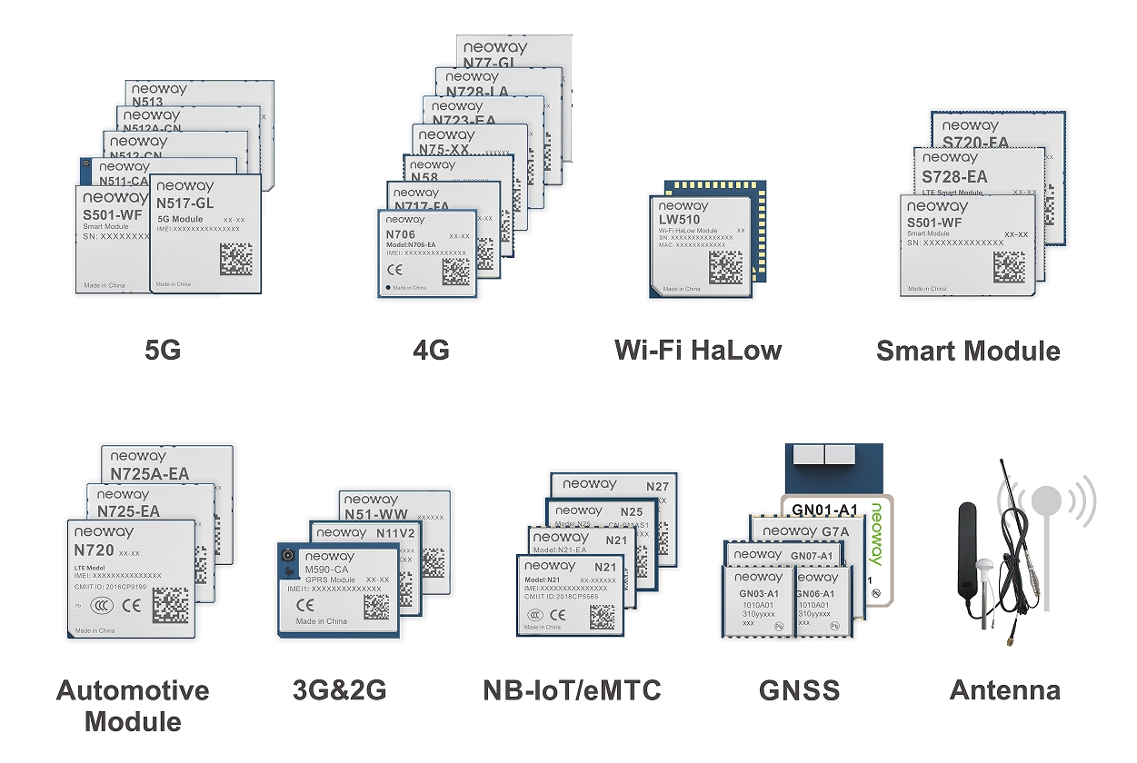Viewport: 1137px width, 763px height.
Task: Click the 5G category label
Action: coord(163,350)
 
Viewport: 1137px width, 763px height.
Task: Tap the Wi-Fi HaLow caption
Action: coord(697,350)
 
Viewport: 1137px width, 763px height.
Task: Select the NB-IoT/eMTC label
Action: coord(572,690)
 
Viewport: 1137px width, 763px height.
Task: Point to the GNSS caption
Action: coord(799,690)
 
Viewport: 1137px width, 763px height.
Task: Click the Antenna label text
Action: coord(1004,690)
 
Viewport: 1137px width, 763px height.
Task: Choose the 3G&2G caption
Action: coord(339,690)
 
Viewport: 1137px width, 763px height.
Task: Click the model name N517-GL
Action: coord(185,203)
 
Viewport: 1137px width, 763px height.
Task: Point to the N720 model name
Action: coord(95,550)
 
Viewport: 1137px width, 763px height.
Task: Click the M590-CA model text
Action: coord(330,570)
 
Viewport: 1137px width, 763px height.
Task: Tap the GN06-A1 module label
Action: coord(815,594)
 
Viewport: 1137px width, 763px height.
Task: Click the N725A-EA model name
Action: coord(149,473)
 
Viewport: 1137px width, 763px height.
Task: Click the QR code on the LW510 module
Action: coord(725,269)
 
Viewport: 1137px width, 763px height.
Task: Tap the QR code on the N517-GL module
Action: coord(235,260)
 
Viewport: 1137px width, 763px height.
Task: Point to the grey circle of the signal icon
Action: coord(1046,500)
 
